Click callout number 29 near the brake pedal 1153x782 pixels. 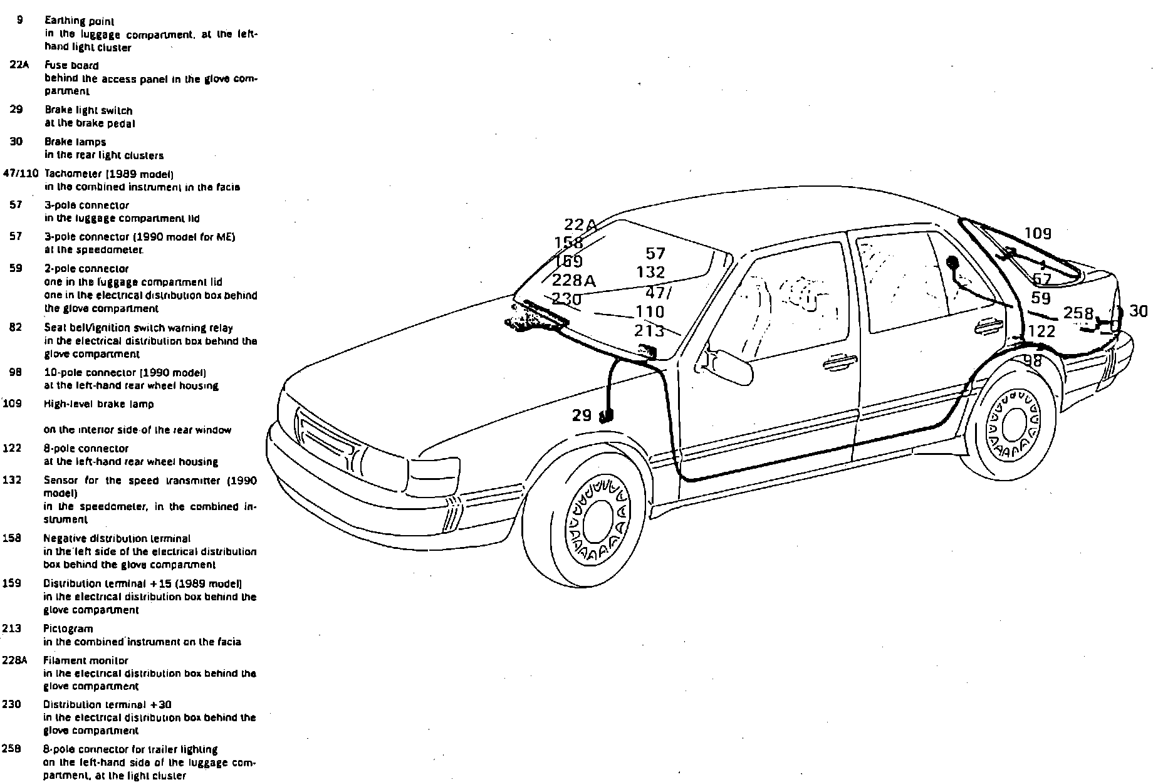[582, 415]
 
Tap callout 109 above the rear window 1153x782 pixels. [1038, 234]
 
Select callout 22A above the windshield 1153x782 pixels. [580, 224]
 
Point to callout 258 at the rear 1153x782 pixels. [1078, 313]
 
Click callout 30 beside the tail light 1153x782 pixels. [1138, 311]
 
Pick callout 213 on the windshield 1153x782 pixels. [649, 330]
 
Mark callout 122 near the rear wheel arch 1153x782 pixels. [1041, 331]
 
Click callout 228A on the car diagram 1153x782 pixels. [573, 280]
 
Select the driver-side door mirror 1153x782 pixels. [731, 367]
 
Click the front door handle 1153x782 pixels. [840, 362]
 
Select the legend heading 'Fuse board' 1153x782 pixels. [71, 65]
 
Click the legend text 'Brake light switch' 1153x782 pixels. [88, 110]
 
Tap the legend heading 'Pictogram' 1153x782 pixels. [68, 628]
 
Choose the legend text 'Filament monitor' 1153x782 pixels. [85, 660]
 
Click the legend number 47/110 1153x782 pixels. [21, 173]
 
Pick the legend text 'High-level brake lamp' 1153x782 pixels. [98, 404]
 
